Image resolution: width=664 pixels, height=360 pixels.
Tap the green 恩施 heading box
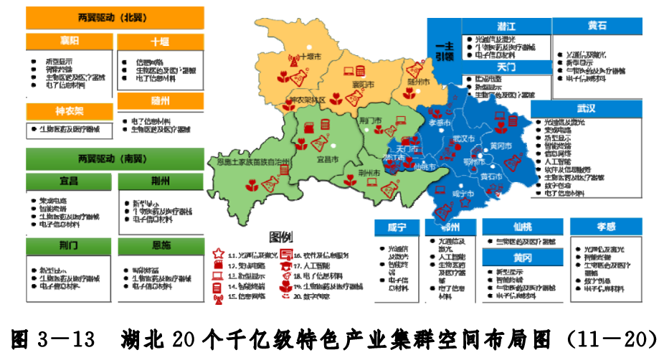pos(161,246)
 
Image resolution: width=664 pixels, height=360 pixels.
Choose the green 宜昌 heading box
pos(70,180)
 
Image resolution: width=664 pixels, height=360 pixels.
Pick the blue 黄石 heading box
pos(597,26)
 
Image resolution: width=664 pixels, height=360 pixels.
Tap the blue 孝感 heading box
pos(607,227)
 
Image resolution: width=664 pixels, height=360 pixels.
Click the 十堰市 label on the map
pos(311,56)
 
